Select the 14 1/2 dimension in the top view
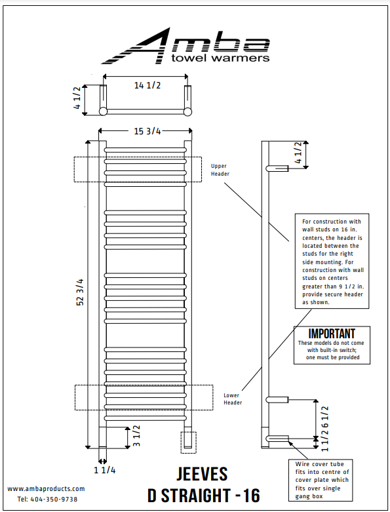coord(147,85)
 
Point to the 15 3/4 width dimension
coord(147,131)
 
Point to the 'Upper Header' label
coord(219,170)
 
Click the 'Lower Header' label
coord(233,399)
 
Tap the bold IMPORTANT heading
coord(332,334)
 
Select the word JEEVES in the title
coord(202,474)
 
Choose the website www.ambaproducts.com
coord(47,488)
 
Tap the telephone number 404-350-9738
coord(56,499)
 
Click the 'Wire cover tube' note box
coord(321,479)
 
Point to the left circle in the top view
coord(103,111)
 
